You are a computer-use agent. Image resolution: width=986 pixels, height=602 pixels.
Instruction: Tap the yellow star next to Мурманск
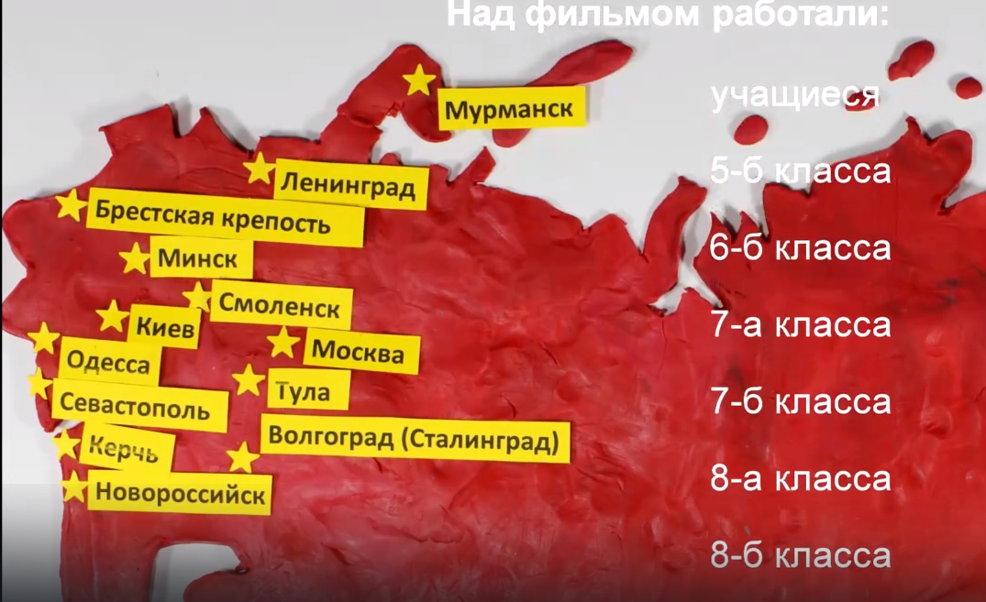click(419, 81)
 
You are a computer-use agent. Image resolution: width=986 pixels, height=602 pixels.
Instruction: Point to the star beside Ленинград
click(260, 170)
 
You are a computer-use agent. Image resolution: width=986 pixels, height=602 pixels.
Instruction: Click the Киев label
click(165, 327)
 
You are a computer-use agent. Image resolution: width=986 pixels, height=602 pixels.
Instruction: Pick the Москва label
click(358, 353)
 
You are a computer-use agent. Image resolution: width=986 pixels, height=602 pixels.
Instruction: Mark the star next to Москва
click(283, 344)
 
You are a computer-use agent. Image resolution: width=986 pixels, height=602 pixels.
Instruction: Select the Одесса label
click(108, 364)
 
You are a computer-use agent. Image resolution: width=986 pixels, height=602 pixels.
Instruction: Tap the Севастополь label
click(142, 409)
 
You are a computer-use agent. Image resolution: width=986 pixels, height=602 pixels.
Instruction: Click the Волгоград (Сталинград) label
click(415, 442)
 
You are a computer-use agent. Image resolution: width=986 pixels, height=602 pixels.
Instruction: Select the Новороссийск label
click(181, 495)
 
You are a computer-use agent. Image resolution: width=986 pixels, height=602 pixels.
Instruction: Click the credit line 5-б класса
click(801, 171)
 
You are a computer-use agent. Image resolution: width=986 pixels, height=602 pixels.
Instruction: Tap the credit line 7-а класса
click(801, 325)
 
